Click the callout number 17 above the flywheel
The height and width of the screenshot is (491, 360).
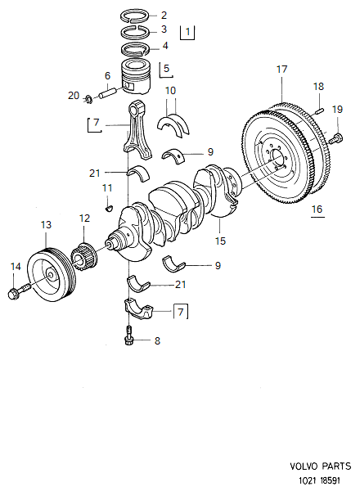point(281,70)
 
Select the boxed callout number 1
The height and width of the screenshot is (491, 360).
point(188,33)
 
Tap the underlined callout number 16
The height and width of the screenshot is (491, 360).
point(317,209)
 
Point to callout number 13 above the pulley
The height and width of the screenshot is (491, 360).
point(46,224)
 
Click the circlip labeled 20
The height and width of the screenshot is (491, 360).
point(87,100)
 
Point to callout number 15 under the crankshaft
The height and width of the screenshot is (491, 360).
point(219,241)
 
